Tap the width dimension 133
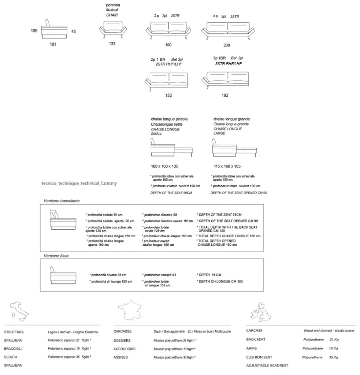tap(112, 44)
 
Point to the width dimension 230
tap(227, 45)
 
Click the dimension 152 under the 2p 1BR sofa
tap(168, 96)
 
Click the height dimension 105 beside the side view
tap(34, 31)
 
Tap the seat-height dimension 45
tap(74, 31)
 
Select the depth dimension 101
tap(53, 44)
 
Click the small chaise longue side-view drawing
tap(171, 148)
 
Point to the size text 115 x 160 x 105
tap(227, 166)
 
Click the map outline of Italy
tap(19, 312)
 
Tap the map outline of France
tap(129, 310)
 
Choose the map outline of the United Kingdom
tap(261, 312)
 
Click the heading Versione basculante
tap(62, 201)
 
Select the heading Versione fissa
tap(56, 256)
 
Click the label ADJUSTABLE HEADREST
tap(267, 365)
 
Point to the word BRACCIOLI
tap(13, 349)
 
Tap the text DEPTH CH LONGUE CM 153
tap(220, 282)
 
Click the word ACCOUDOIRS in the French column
tap(125, 349)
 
